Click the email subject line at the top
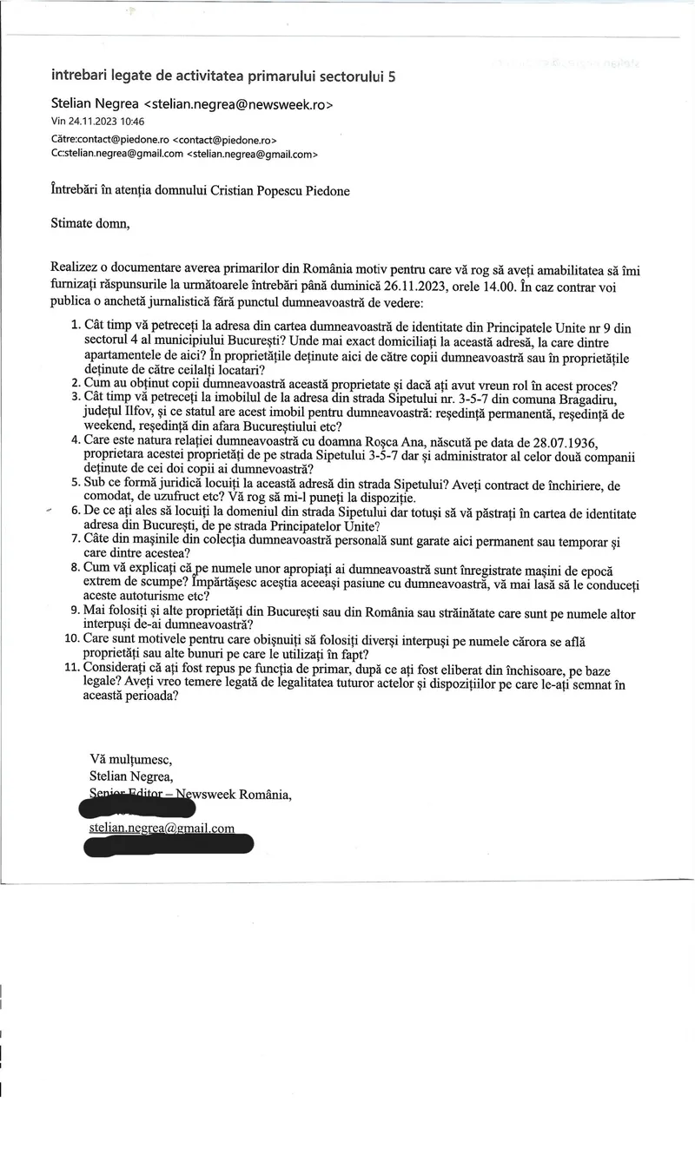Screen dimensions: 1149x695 tap(223, 76)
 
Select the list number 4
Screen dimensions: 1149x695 tap(73, 440)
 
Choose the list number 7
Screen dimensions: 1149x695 tap(73, 538)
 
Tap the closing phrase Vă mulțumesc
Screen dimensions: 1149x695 tap(131, 760)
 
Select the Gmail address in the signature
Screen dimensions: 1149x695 tap(162, 828)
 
